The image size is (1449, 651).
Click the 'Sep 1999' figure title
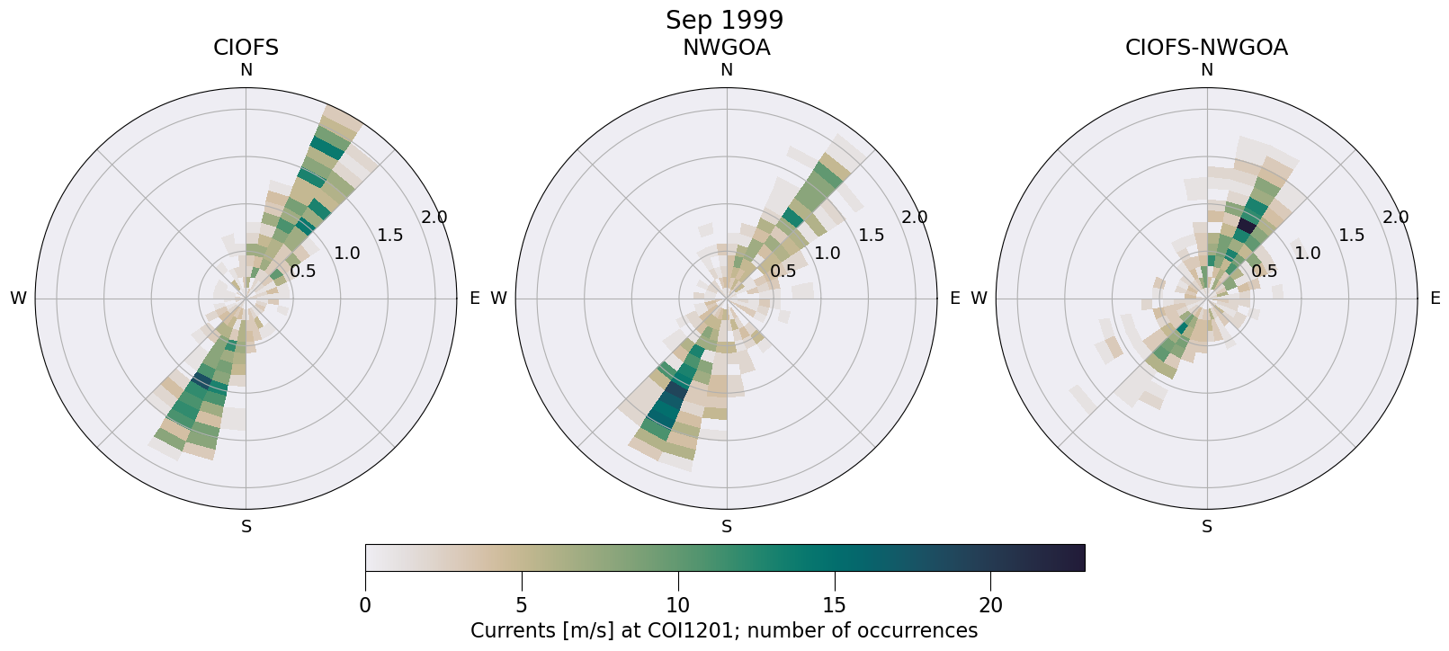pyautogui.click(x=724, y=20)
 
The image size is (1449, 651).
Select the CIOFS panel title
pyautogui.click(x=246, y=48)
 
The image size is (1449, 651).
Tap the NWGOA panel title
pyautogui.click(x=726, y=48)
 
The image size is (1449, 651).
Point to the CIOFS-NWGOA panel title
pyautogui.click(x=1206, y=48)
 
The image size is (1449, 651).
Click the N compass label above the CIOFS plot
pyautogui.click(x=246, y=70)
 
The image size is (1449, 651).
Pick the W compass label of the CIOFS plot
pyautogui.click(x=18, y=299)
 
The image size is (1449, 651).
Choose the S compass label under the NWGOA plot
pyautogui.click(x=726, y=527)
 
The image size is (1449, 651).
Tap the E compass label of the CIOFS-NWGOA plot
pyautogui.click(x=1435, y=299)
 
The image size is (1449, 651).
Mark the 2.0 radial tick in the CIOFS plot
pyautogui.click(x=434, y=218)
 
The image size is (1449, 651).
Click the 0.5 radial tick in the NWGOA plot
pyautogui.click(x=783, y=271)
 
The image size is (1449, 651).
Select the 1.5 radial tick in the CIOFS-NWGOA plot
pyautogui.click(x=1351, y=236)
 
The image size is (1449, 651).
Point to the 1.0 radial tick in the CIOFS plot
pyautogui.click(x=346, y=254)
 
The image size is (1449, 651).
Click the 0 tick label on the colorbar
pyautogui.click(x=365, y=606)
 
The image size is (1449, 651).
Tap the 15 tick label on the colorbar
pyautogui.click(x=835, y=606)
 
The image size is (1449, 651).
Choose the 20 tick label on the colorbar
pyautogui.click(x=990, y=606)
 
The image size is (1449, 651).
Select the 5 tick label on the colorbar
pyautogui.click(x=522, y=606)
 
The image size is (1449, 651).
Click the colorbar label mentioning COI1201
pyautogui.click(x=724, y=631)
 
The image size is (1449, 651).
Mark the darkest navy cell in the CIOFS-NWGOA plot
pyautogui.click(x=1246, y=225)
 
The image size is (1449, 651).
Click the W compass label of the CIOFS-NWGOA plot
pyautogui.click(x=979, y=299)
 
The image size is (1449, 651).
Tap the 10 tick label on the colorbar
pyautogui.click(x=678, y=606)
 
